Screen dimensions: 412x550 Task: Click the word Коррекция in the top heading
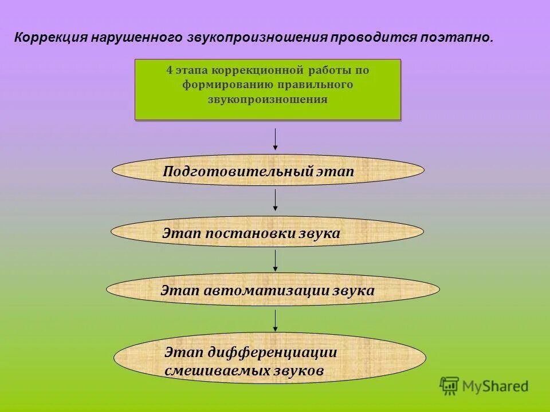tap(50, 38)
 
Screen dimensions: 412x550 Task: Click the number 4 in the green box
tap(169, 71)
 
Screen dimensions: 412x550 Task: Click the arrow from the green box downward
tap(276, 140)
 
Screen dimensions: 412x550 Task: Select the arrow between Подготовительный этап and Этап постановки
tap(276, 200)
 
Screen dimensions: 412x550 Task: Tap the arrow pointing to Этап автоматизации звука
tap(276, 260)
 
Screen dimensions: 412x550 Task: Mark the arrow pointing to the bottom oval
tap(276, 320)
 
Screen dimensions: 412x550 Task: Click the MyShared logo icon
tap(450, 386)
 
